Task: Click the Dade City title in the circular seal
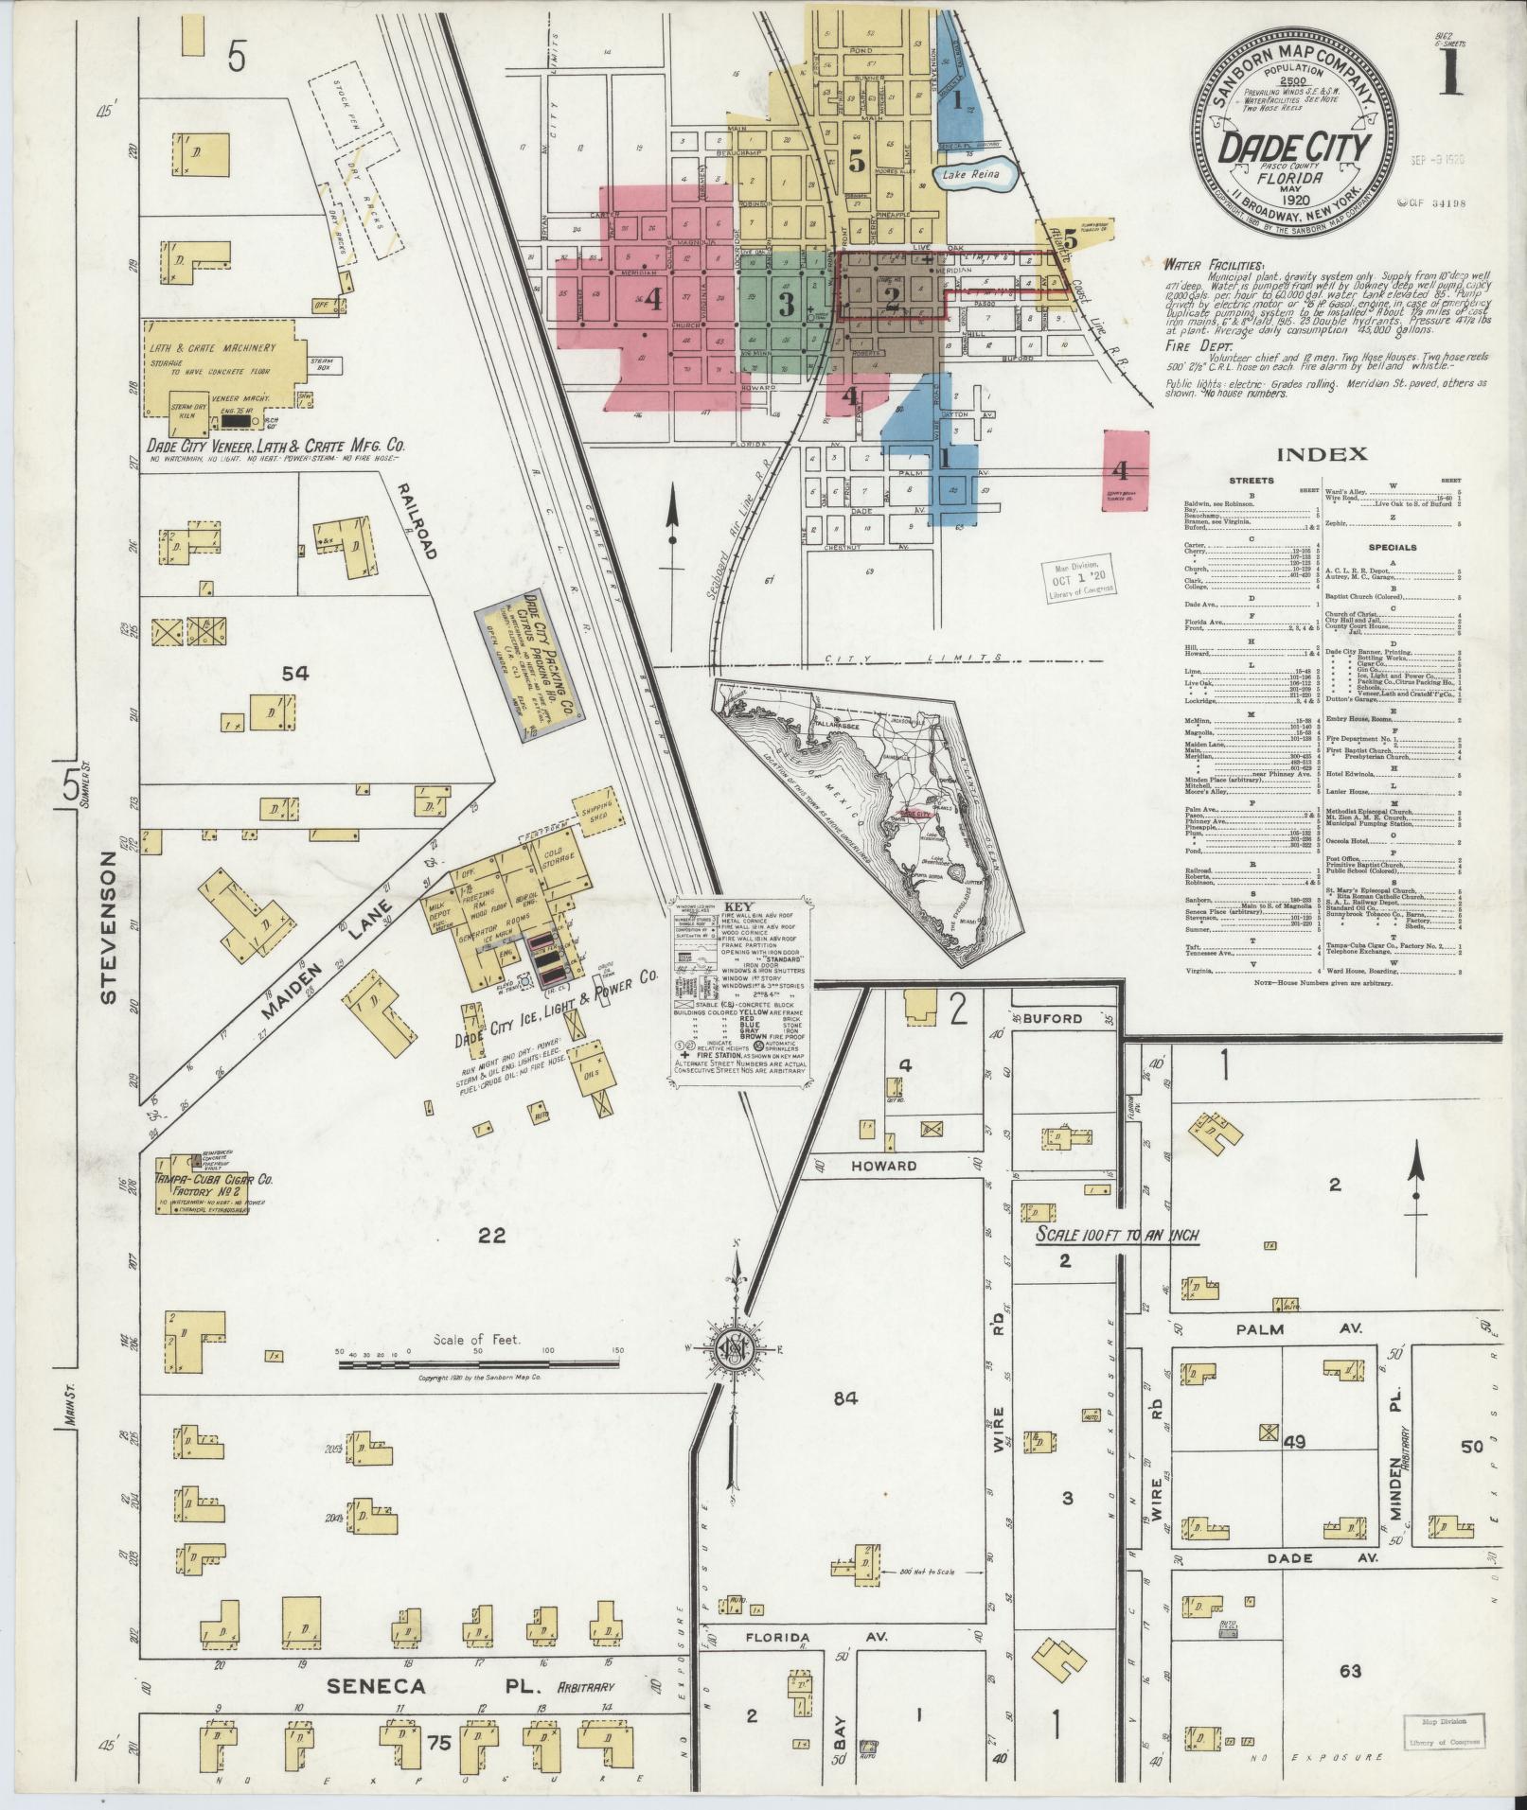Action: (1294, 148)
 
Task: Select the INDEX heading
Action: (1323, 454)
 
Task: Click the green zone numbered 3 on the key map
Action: (785, 304)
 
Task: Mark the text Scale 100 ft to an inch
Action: (1117, 1237)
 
